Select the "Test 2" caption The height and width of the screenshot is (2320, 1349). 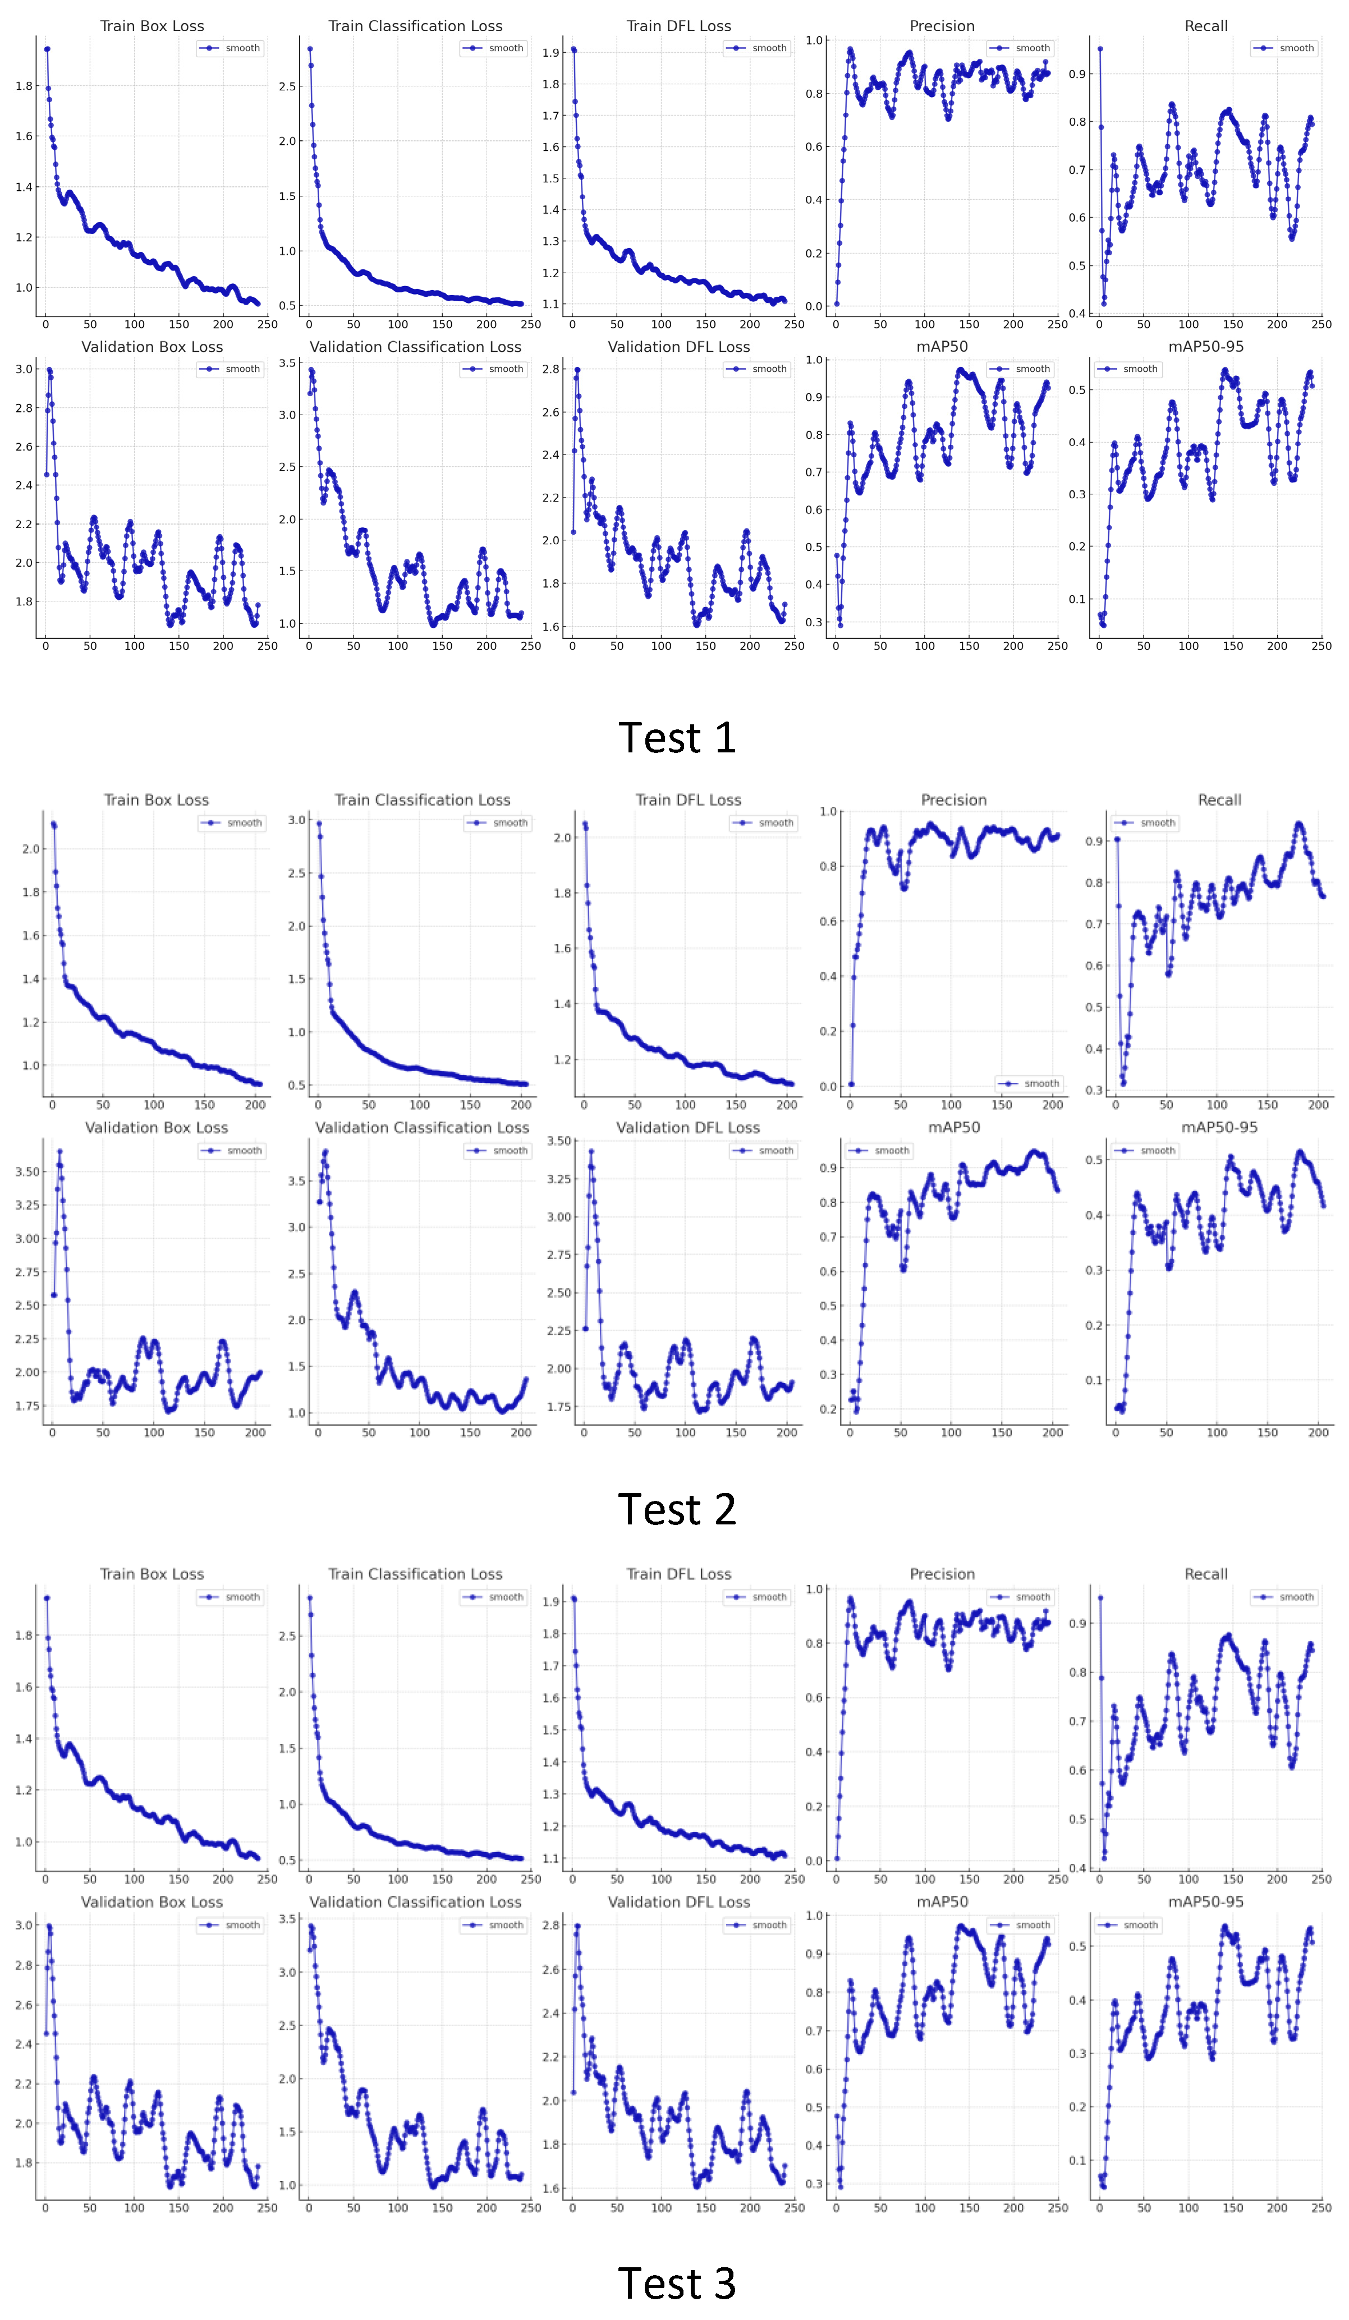click(x=677, y=1510)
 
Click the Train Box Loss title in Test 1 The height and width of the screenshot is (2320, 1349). click(x=152, y=26)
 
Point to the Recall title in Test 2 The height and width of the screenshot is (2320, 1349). click(x=1219, y=800)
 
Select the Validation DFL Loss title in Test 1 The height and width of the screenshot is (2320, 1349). click(x=678, y=347)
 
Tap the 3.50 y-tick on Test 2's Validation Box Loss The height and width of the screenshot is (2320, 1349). click(x=27, y=1172)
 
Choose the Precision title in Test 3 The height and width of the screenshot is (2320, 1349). click(x=942, y=1574)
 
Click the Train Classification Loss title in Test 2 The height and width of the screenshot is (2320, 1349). click(x=422, y=800)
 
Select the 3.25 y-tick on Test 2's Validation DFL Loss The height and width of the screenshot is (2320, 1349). click(x=559, y=1179)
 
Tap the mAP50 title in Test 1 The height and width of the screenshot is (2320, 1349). click(x=942, y=347)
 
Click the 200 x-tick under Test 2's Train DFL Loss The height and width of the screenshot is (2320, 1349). click(x=786, y=1105)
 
